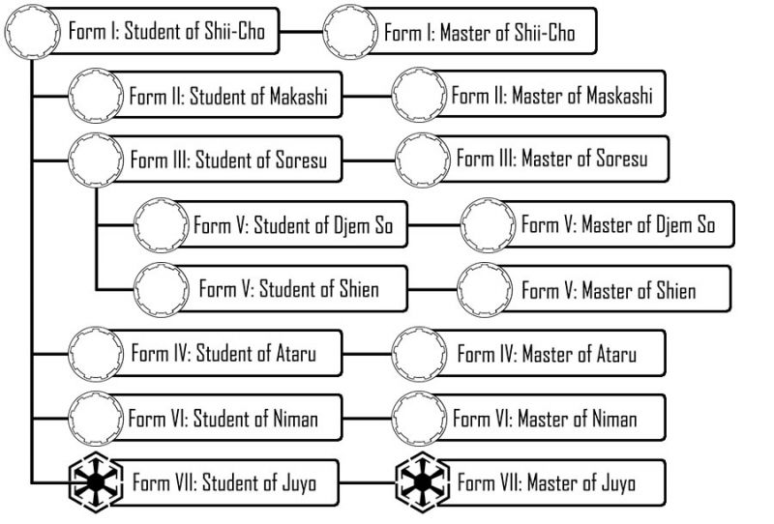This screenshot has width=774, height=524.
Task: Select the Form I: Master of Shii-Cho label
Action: (479, 34)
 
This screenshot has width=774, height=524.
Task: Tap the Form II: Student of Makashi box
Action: (227, 97)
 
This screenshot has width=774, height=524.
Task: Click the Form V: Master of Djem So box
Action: (617, 225)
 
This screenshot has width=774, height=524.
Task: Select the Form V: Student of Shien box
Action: (288, 289)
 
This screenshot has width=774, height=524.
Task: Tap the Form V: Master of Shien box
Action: (608, 290)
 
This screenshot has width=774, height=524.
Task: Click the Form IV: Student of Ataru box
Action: (223, 354)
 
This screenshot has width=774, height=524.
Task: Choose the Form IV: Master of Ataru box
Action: (547, 354)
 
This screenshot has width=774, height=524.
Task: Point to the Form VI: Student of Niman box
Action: (223, 419)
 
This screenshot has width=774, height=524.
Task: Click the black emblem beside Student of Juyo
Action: (96, 481)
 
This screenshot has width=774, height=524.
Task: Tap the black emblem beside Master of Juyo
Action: (423, 481)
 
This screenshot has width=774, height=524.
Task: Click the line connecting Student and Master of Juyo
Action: (368, 481)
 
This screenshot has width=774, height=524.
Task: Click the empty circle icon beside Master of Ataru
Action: (421, 353)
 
